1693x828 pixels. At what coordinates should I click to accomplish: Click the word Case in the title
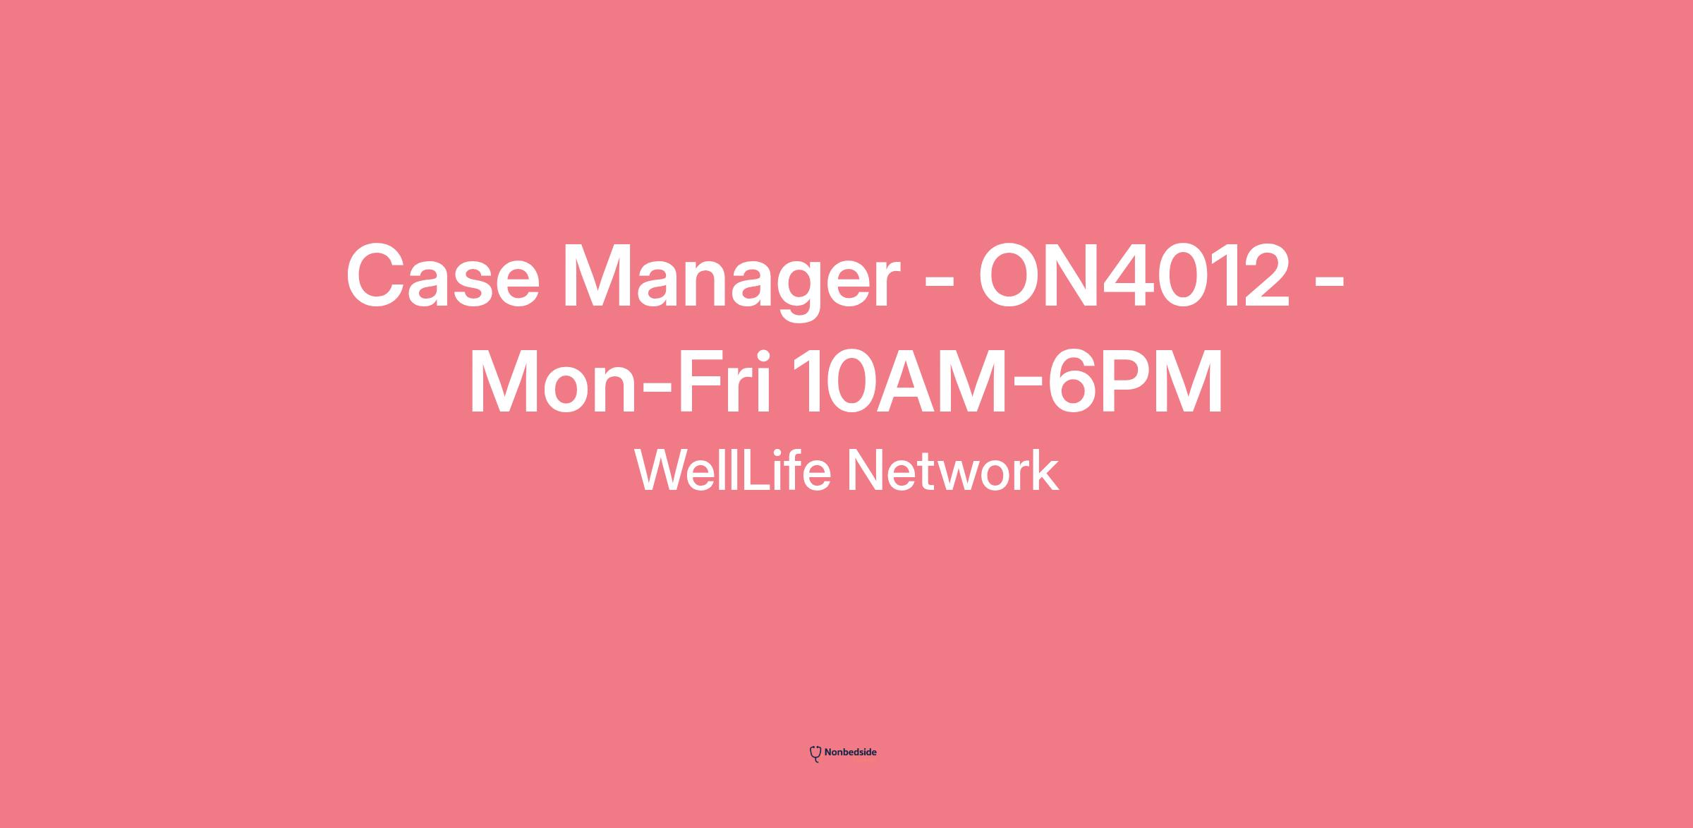pyautogui.click(x=442, y=276)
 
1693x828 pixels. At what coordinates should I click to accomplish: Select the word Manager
pyautogui.click(x=731, y=282)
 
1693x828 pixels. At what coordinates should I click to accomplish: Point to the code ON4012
pyautogui.click(x=1134, y=276)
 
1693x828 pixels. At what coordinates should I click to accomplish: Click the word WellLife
pyautogui.click(x=733, y=470)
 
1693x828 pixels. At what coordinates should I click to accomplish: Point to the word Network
pyautogui.click(x=952, y=470)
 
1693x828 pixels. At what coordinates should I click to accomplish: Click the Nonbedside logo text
pyautogui.click(x=850, y=752)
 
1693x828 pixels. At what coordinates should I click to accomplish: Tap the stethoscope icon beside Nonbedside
pyautogui.click(x=815, y=754)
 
